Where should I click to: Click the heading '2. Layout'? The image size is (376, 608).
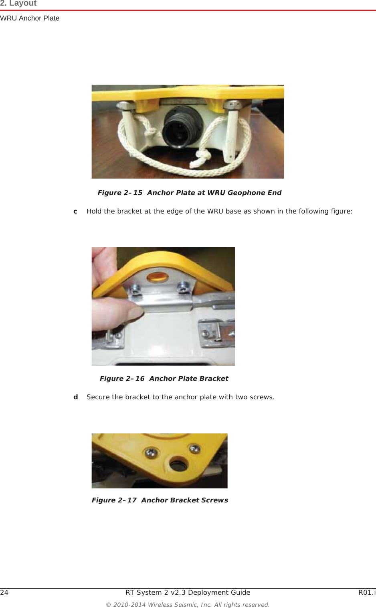click(x=18, y=4)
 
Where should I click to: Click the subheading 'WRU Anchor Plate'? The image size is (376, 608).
click(x=30, y=18)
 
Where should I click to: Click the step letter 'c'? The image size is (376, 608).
click(x=75, y=211)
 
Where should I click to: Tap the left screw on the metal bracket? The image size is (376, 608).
click(x=135, y=288)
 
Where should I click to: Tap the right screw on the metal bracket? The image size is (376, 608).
click(x=184, y=287)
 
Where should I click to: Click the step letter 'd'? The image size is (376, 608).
click(x=75, y=397)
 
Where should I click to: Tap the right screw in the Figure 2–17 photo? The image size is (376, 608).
click(x=195, y=448)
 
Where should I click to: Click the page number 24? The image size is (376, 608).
click(x=4, y=593)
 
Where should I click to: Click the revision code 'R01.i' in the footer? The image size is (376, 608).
click(x=367, y=593)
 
